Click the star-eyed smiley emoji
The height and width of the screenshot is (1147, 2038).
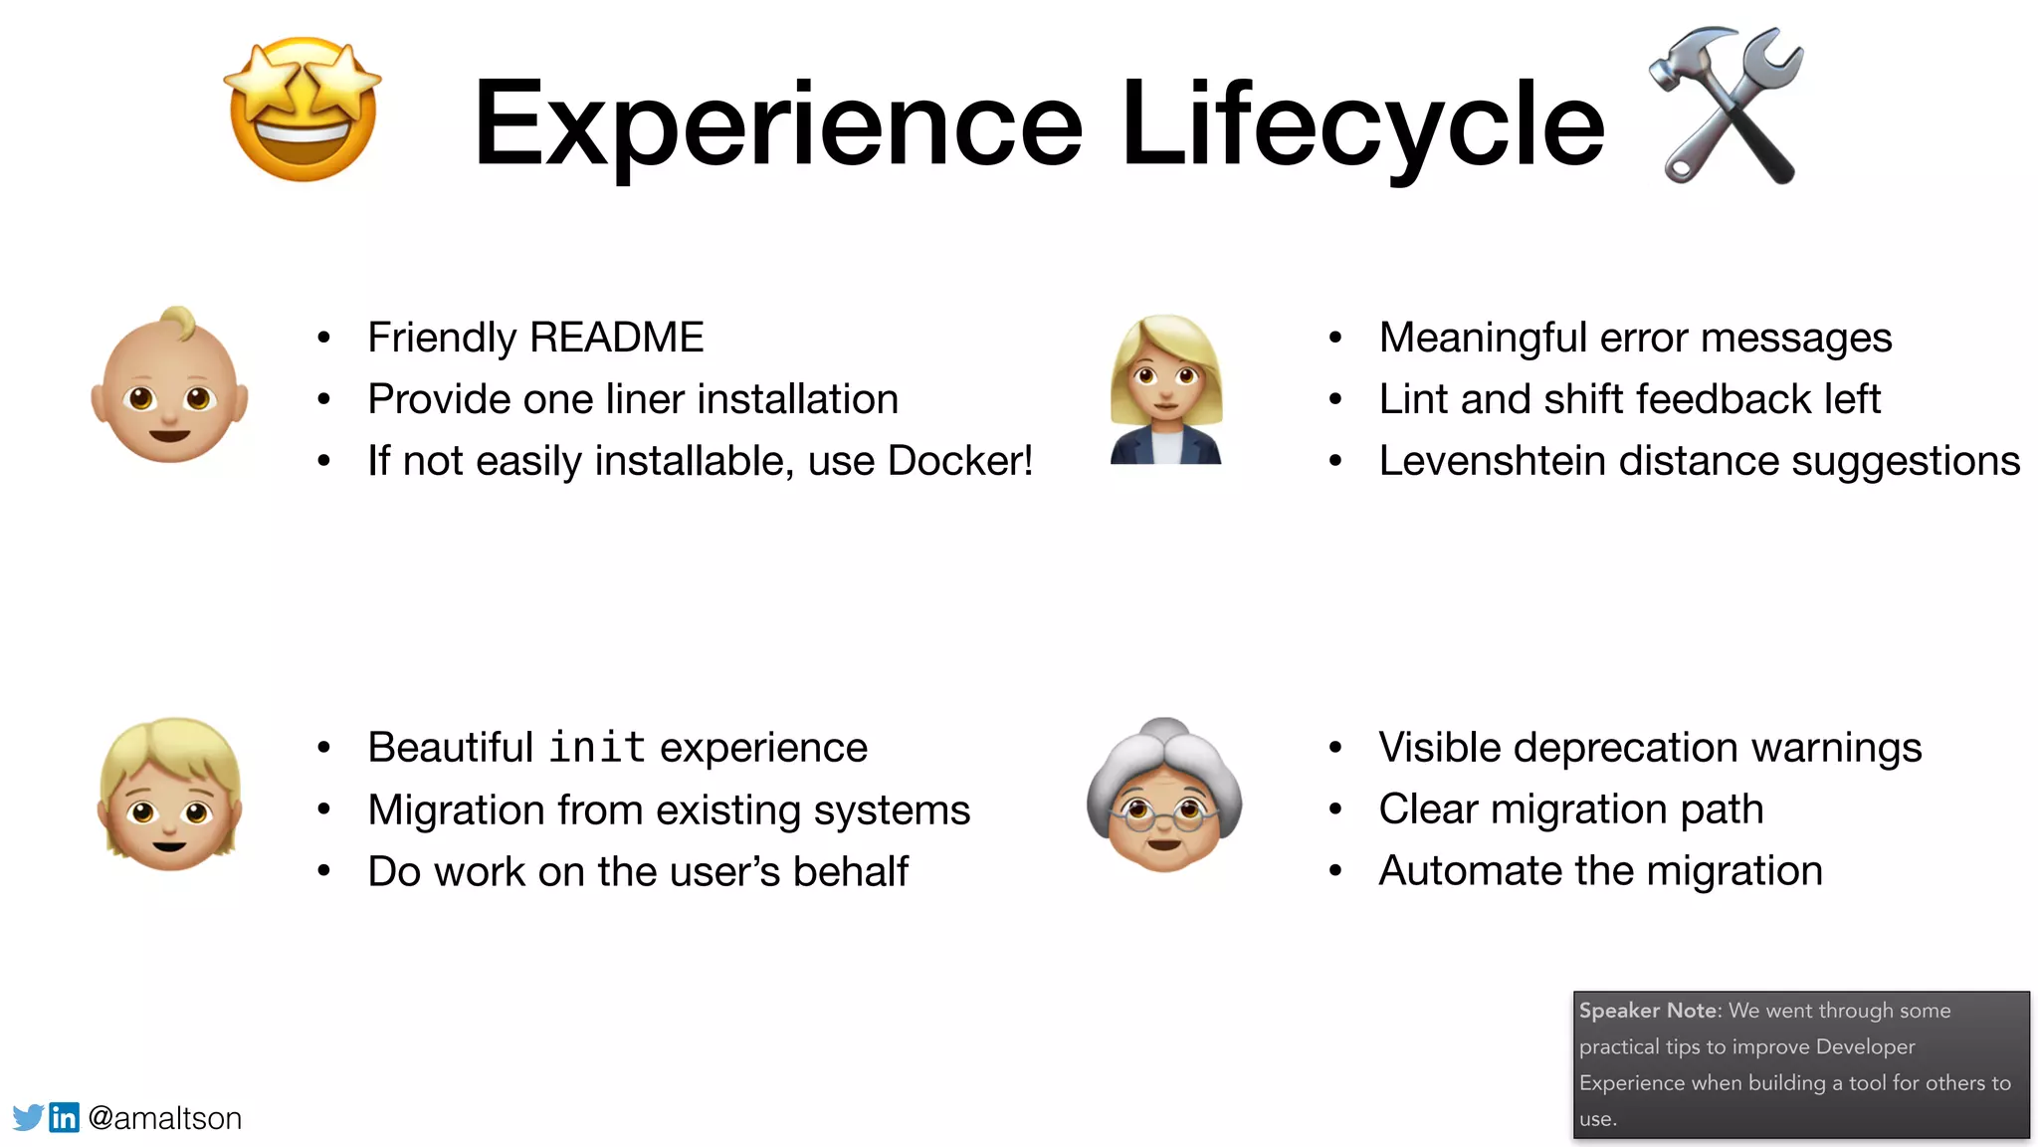pos(304,110)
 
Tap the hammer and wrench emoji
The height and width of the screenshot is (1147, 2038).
pos(1728,106)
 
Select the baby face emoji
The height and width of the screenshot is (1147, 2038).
pos(169,386)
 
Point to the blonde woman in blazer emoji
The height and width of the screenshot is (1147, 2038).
pos(1165,390)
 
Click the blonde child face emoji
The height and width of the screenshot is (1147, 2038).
pos(170,795)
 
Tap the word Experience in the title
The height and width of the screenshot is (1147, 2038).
pos(777,123)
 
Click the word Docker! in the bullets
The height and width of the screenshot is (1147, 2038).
pos(959,461)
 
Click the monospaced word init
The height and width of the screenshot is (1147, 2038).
pos(597,748)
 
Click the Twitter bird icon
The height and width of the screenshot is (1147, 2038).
pos(28,1117)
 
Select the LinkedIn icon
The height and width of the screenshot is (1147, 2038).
pos(64,1117)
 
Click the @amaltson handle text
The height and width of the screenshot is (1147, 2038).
pos(165,1118)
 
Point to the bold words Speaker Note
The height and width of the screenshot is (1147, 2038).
pos(1648,1011)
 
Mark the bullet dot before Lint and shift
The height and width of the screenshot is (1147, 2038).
pos(1335,400)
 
